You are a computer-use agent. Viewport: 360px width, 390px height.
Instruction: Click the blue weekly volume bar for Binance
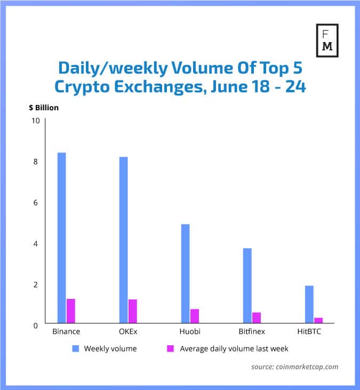coord(61,238)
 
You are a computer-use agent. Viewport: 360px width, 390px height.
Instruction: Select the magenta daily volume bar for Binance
coord(70,311)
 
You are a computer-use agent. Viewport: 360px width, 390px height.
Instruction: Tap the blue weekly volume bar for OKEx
coord(123,240)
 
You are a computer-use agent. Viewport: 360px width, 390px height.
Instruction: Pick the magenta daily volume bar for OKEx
coord(132,311)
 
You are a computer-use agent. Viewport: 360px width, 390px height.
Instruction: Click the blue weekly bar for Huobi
coord(186,273)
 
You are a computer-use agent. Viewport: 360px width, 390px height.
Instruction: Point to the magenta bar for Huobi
coord(195,316)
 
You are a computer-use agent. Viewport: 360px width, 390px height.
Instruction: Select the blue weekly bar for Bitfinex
coord(247,286)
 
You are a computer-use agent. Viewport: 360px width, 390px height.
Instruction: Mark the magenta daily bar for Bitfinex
coord(257,318)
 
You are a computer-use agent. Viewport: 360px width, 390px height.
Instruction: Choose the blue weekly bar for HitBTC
coord(309,304)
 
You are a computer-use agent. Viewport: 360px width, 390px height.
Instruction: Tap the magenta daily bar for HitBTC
coord(318,320)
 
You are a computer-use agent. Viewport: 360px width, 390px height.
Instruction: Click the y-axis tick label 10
coord(36,120)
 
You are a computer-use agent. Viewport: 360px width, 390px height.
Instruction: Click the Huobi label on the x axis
coord(190,331)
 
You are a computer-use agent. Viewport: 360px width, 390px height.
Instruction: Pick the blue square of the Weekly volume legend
coord(76,349)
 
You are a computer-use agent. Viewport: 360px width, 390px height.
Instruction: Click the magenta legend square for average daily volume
coord(171,349)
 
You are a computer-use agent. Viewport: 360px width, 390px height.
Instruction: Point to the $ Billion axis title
coord(44,108)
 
